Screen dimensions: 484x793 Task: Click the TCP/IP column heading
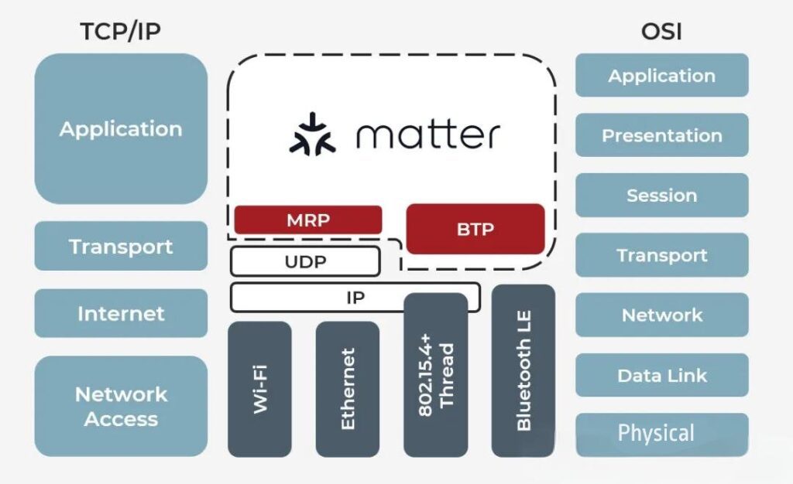(121, 32)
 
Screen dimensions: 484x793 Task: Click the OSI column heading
(661, 32)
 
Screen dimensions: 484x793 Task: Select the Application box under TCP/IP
(121, 128)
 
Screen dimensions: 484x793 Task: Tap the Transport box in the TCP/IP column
(121, 247)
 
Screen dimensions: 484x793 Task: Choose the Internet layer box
(121, 313)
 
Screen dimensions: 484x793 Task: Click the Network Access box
(121, 406)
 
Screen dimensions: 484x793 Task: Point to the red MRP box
(307, 220)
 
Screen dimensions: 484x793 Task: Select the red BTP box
(475, 229)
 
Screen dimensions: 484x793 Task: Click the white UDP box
(305, 261)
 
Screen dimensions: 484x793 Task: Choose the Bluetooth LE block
(524, 371)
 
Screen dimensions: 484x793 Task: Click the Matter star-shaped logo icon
(313, 135)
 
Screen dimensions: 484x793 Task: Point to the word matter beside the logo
(427, 135)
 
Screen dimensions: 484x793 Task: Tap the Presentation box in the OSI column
(661, 135)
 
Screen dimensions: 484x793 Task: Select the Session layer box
(661, 195)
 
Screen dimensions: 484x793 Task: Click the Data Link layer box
(661, 376)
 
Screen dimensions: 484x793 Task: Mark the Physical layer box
(661, 434)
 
